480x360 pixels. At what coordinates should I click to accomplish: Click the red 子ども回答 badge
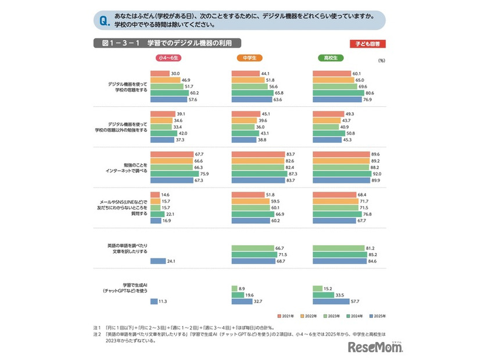coord(368,44)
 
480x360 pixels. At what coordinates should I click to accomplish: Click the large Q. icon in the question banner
coord(105,21)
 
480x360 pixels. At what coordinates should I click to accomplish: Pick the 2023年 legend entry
coord(331,316)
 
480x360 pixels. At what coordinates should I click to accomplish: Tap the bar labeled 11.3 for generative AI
coord(155,301)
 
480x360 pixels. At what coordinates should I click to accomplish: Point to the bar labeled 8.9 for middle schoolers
coord(234,288)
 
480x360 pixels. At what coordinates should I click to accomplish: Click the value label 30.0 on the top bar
coord(175,73)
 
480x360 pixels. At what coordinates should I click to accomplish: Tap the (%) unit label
coord(381,60)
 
